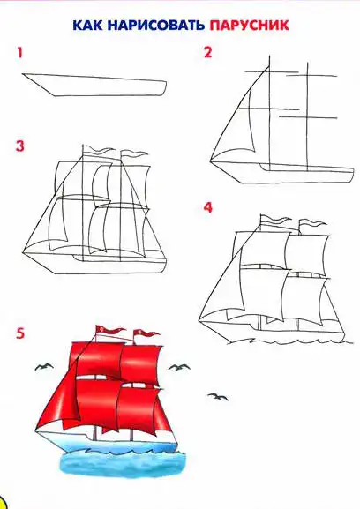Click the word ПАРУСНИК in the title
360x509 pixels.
click(250, 25)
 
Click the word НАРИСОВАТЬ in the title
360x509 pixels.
click(154, 25)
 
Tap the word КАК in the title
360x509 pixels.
click(87, 25)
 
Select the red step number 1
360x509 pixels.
click(19, 53)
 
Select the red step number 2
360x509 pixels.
click(207, 52)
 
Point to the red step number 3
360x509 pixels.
click(20, 146)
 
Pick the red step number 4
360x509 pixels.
click(207, 207)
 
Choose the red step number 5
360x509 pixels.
click(20, 333)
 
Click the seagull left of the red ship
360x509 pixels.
click(44, 367)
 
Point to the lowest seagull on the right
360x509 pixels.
click(218, 396)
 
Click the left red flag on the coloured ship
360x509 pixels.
click(109, 330)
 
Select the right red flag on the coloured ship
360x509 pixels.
click(146, 333)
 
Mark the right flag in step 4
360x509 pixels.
click(312, 223)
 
